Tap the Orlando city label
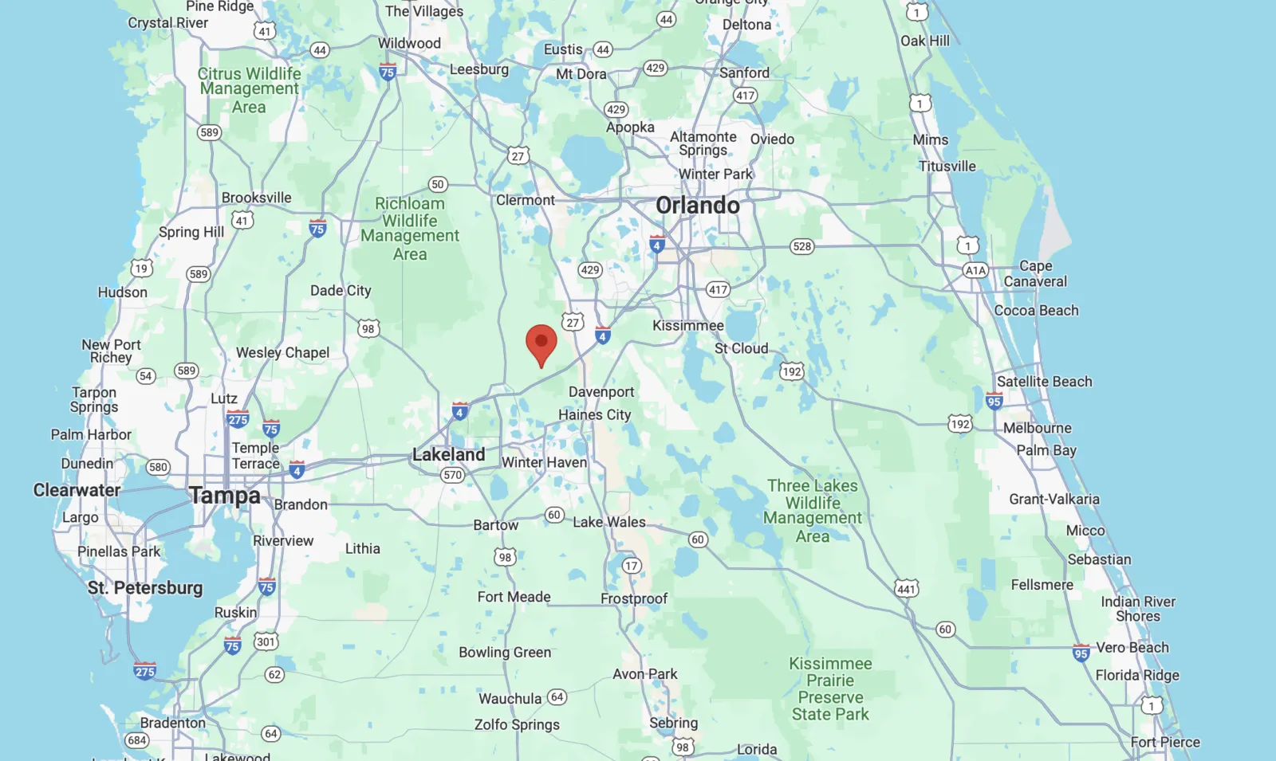[x=698, y=206]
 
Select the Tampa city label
[x=224, y=496]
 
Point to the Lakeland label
[x=448, y=454]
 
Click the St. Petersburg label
[x=145, y=588]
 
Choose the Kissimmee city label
[x=687, y=325]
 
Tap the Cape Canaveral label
[x=1035, y=273]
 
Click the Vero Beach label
[x=1132, y=647]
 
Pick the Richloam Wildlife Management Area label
[x=410, y=229]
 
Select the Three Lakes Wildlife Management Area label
[x=813, y=511]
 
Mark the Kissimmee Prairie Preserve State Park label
[x=830, y=688]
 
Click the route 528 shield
[x=801, y=246]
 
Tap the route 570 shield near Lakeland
[x=452, y=475]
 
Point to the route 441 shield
[x=906, y=589]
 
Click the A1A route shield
[x=975, y=270]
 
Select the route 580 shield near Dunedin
[x=158, y=467]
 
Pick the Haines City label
[x=594, y=414]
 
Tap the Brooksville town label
[x=256, y=198]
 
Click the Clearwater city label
[x=77, y=490]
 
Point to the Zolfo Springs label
[x=517, y=724]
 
